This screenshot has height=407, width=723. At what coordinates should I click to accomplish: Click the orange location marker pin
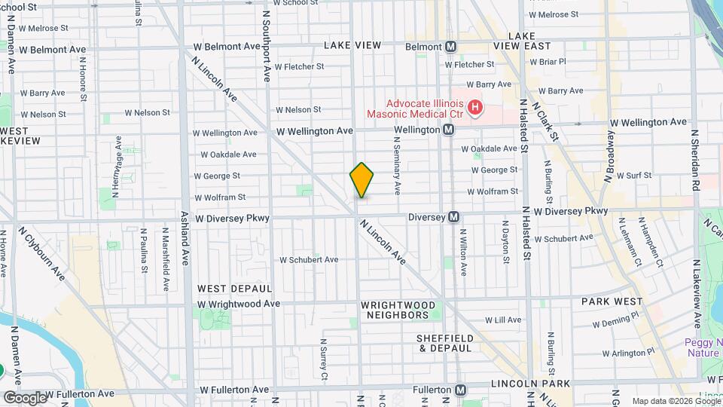click(362, 180)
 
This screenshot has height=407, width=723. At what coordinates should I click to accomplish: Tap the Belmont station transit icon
click(450, 47)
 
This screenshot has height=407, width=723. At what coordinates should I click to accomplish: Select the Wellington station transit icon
click(448, 130)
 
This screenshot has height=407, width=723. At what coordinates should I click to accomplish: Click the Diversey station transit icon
click(454, 217)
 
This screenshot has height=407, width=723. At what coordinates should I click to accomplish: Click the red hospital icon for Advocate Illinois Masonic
click(474, 109)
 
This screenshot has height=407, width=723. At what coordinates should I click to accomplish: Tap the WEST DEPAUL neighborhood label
click(234, 289)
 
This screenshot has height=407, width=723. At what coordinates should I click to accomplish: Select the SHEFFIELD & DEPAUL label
click(444, 343)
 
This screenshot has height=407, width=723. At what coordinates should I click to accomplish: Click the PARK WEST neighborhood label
click(610, 301)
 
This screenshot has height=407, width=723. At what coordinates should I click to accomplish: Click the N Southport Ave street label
click(267, 45)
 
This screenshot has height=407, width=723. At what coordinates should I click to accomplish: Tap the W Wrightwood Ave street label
click(239, 304)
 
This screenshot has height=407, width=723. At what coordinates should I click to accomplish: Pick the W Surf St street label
click(634, 175)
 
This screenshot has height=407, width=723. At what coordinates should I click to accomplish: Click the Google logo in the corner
click(25, 397)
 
